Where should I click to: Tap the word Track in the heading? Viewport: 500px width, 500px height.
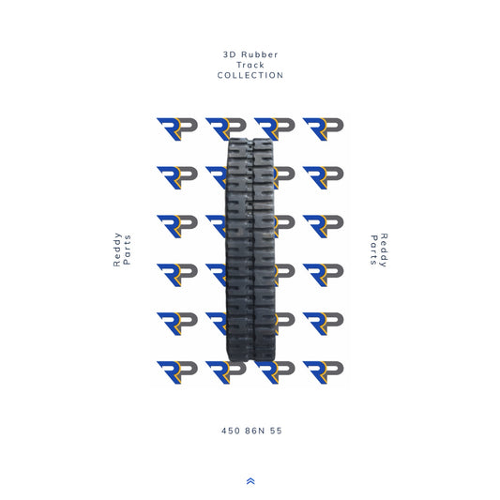point(250,66)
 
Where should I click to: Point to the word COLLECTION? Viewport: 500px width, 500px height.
point(250,75)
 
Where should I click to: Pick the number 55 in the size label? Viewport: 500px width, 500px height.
point(275,431)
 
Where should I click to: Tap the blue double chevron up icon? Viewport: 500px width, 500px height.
point(250,480)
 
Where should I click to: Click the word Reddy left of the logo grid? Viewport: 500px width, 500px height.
point(117,250)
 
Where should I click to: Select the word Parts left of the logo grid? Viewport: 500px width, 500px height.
point(128,250)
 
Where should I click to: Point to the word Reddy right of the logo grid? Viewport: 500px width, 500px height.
point(383,250)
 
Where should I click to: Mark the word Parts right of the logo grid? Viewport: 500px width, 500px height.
point(372,250)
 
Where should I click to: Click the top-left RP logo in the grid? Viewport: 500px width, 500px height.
point(176,129)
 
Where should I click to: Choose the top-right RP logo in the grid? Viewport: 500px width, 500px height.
point(323,129)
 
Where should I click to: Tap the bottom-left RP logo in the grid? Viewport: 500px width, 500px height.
point(176,372)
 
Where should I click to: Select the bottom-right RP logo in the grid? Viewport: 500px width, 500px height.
point(323,372)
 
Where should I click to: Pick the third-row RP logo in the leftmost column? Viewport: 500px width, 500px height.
point(176,226)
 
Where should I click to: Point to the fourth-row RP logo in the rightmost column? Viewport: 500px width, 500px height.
point(323,275)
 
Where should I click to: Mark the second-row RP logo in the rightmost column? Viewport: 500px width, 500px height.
point(323,177)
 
